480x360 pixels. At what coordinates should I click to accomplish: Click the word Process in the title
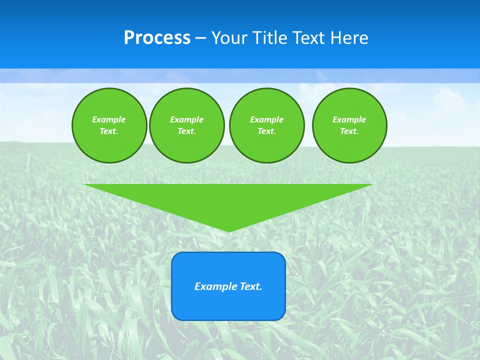(x=157, y=38)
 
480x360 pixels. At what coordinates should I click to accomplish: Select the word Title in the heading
(x=270, y=38)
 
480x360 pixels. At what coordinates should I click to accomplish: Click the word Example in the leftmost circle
(x=109, y=120)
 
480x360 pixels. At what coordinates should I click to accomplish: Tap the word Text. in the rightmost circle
(x=349, y=131)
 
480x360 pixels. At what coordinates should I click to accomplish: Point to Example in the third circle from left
(x=266, y=120)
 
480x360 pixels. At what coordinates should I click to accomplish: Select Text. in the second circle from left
(x=186, y=131)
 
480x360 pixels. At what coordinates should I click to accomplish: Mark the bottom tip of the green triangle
(x=228, y=230)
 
